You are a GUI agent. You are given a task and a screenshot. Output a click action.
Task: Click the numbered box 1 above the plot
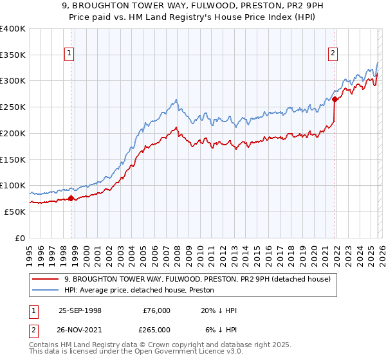click(x=69, y=54)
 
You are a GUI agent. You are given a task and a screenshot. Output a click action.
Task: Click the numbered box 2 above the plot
click(x=333, y=54)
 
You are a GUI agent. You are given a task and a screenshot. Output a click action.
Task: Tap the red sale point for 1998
click(x=71, y=199)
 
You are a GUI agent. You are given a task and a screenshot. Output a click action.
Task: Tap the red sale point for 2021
click(x=335, y=99)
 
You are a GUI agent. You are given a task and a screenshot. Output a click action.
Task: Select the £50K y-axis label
click(x=15, y=212)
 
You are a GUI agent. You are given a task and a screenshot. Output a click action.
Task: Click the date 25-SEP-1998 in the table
click(x=80, y=310)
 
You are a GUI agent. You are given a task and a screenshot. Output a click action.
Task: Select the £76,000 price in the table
click(x=156, y=310)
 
